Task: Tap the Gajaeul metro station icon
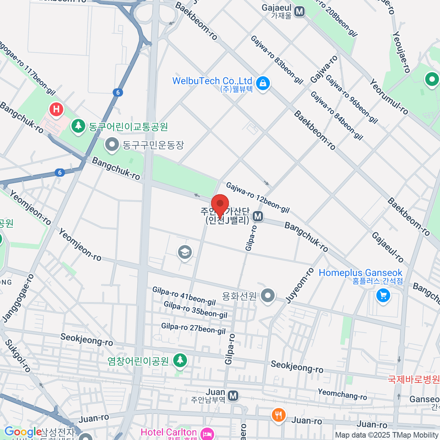pos(300,11)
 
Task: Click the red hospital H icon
pos(56,109)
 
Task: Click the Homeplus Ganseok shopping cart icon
pos(383,295)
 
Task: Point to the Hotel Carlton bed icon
pos(207,434)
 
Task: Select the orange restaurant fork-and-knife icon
pos(279,415)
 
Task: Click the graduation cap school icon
pos(185,252)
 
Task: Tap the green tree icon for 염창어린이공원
pos(180,360)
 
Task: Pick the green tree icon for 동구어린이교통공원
pos(78,126)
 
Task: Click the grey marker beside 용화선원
pos(268,296)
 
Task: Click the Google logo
pos(23,432)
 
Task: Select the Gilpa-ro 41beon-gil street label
pos(184,296)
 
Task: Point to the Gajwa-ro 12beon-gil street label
pos(257,198)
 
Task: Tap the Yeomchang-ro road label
pos(342,394)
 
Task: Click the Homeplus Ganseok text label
pos(360,273)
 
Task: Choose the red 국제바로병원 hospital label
pos(414,379)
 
